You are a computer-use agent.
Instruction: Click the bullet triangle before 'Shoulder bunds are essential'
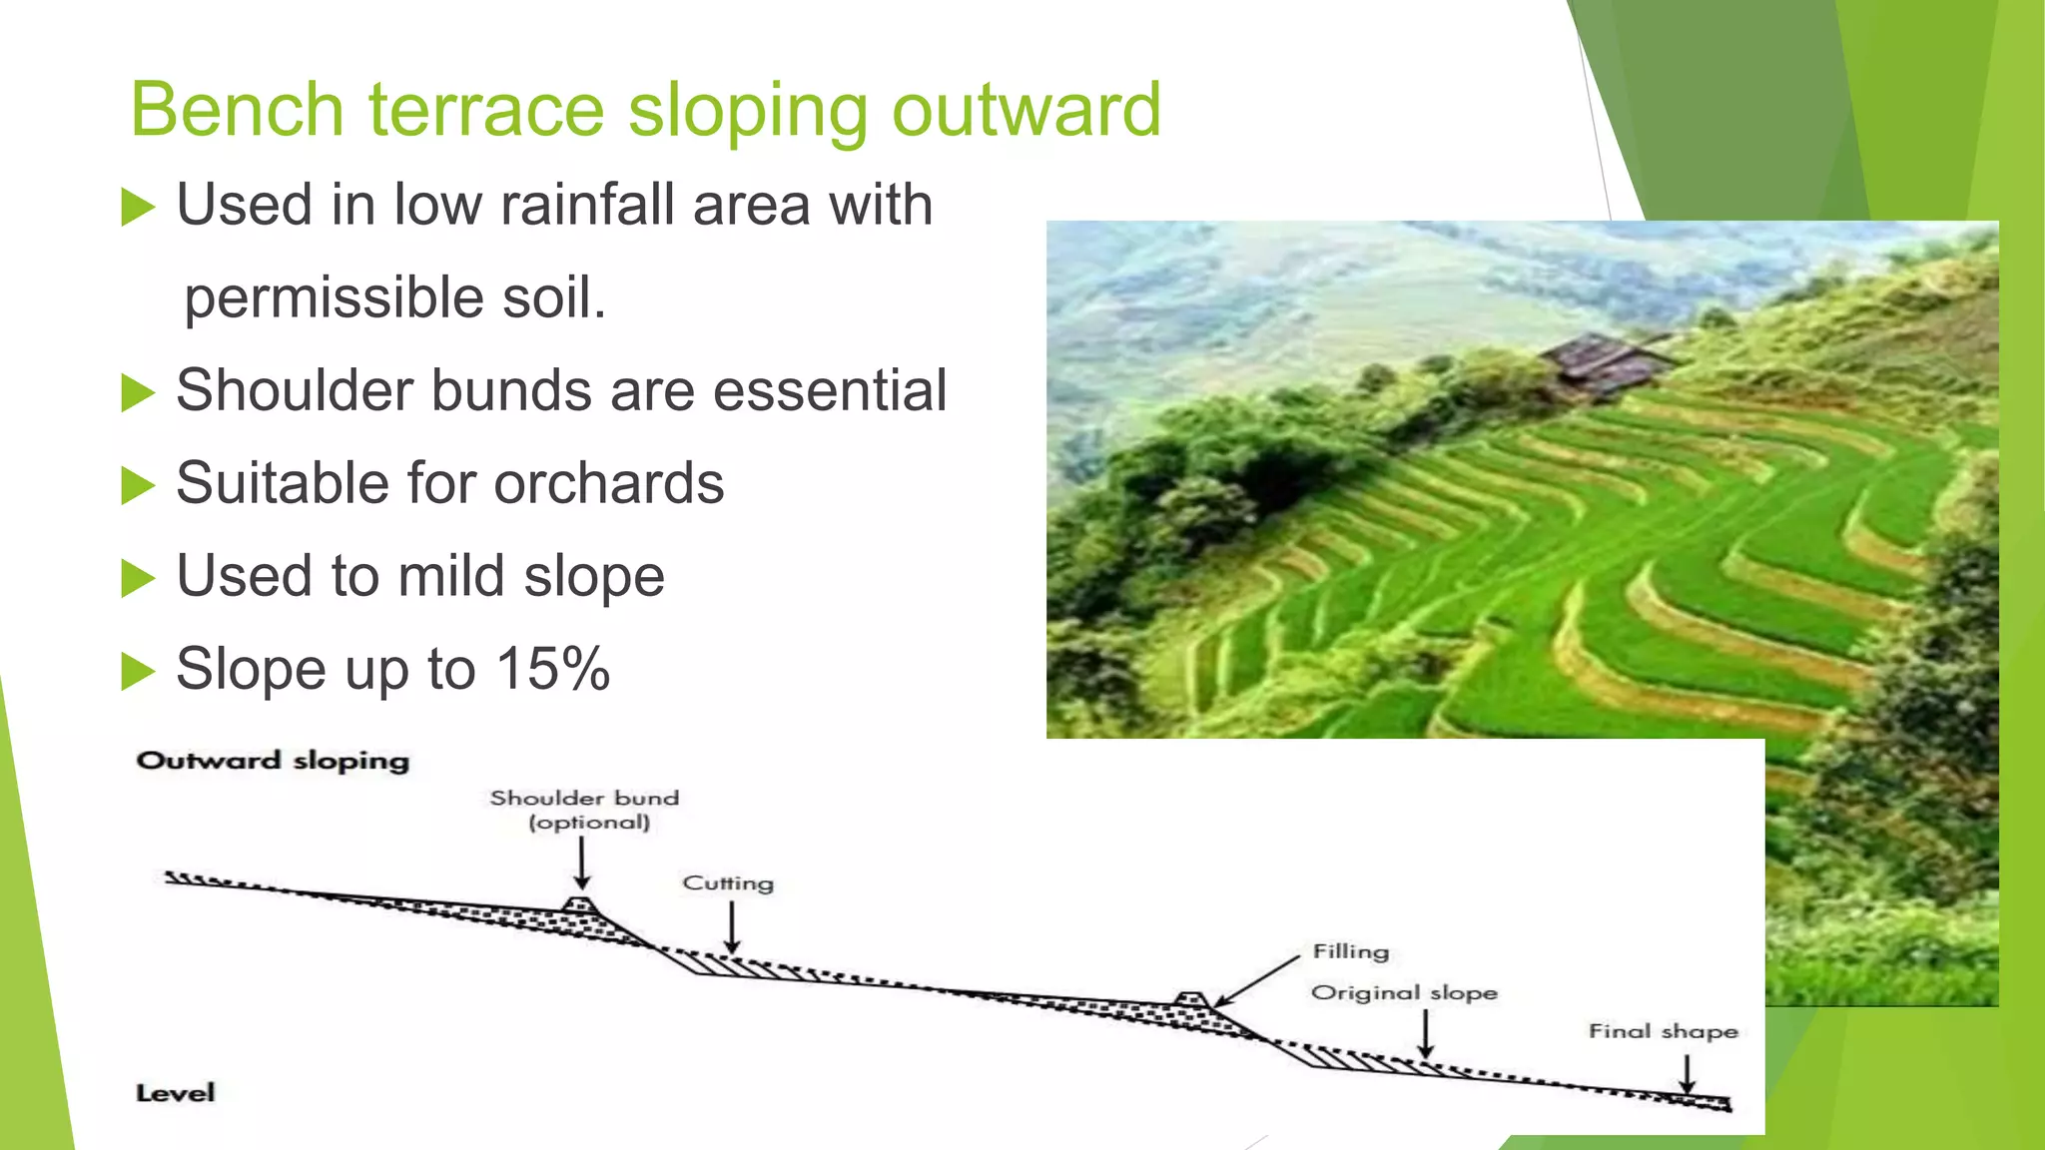tap(138, 392)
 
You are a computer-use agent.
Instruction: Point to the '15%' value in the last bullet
tap(552, 668)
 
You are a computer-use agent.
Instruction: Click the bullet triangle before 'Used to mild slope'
tap(138, 578)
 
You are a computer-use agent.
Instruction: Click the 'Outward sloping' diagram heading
tap(273, 761)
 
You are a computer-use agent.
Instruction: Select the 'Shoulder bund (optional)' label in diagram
tap(586, 810)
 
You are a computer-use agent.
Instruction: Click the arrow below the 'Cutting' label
tap(731, 927)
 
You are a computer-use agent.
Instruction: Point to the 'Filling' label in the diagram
tap(1350, 951)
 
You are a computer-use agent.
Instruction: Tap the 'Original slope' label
tap(1403, 992)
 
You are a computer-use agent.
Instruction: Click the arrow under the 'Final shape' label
tap(1687, 1073)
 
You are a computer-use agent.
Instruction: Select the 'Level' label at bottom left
tap(175, 1092)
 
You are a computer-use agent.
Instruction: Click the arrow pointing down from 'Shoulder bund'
tap(582, 862)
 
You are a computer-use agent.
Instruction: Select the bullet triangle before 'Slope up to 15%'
tap(138, 671)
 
